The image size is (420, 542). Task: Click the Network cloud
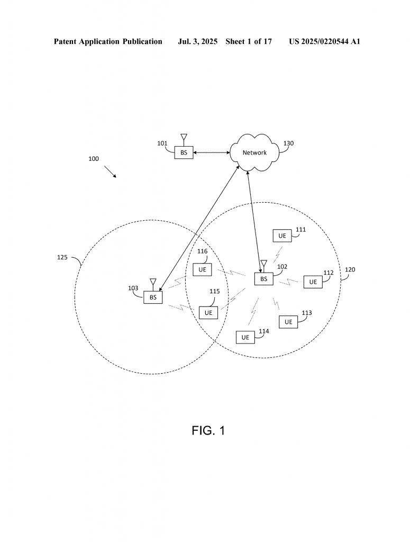[x=254, y=152]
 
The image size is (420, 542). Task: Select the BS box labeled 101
[x=184, y=152]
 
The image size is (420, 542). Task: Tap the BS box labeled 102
[x=263, y=279]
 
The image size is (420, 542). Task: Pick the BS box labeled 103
[x=153, y=297]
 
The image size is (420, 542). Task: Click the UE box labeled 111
[x=282, y=236]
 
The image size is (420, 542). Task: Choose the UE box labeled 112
[x=313, y=282]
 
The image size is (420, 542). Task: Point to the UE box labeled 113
[x=288, y=322]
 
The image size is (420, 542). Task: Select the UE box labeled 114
[x=245, y=337]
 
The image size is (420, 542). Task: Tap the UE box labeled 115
[x=208, y=313]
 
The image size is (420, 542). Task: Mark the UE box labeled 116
[x=203, y=269]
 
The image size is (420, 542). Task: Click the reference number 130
[x=288, y=143]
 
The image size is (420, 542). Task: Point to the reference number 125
[x=62, y=257]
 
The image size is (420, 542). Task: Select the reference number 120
[x=350, y=269]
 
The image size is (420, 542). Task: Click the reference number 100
[x=94, y=159]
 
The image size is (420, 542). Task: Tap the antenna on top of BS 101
[x=184, y=140]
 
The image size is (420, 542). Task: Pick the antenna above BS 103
[x=153, y=284]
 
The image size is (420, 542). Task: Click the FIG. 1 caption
[x=208, y=430]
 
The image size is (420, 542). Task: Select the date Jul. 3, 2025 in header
[x=197, y=41]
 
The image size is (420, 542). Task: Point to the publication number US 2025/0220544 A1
[x=325, y=41]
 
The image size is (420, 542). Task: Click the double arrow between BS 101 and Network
[x=212, y=152]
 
